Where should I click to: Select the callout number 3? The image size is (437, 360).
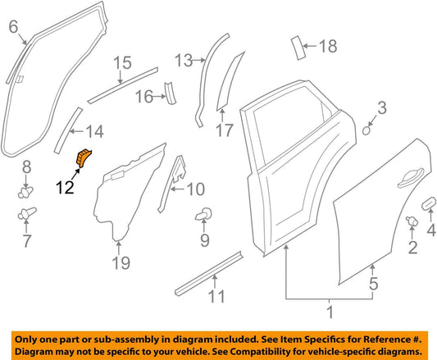[x=381, y=106]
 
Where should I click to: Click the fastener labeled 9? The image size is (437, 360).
[x=202, y=216]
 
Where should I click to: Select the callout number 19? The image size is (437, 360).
[x=121, y=263]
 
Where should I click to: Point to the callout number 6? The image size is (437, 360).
[x=13, y=29]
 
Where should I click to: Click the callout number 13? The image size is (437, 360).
[x=183, y=59]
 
